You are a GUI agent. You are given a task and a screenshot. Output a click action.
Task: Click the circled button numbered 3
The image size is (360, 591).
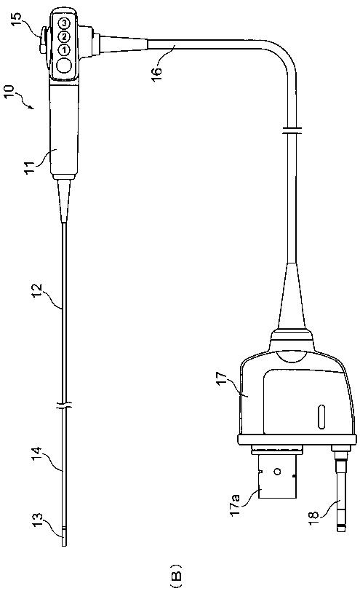click(65, 23)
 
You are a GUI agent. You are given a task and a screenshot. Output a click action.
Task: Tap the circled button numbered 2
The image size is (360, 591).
click(65, 37)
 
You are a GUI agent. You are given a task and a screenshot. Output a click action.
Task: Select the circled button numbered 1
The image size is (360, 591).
click(65, 49)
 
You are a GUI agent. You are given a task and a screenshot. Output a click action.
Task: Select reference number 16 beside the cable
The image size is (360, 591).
click(157, 72)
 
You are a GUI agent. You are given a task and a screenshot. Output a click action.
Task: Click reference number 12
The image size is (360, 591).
click(38, 290)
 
